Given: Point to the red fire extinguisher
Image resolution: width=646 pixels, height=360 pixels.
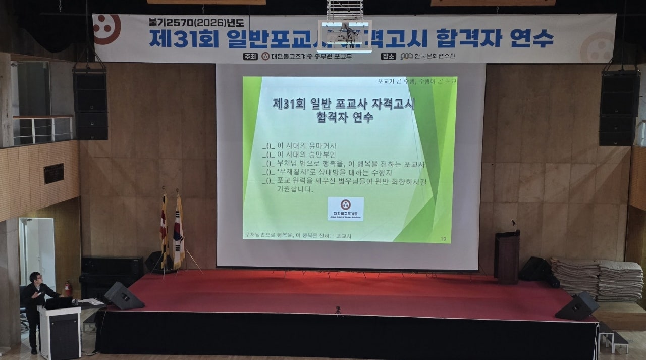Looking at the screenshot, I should (x=68, y=288).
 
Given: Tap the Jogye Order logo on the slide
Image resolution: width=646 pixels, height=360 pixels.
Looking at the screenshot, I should (x=346, y=209).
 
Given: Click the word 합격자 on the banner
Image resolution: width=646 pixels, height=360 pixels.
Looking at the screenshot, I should (x=468, y=38).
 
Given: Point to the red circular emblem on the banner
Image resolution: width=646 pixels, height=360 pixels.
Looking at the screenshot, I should (x=106, y=29).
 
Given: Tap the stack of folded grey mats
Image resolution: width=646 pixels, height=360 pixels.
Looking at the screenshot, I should (x=598, y=279).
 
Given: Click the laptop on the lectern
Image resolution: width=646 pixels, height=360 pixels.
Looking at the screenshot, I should (x=59, y=303).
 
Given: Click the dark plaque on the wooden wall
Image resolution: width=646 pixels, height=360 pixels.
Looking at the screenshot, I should (x=53, y=173).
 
